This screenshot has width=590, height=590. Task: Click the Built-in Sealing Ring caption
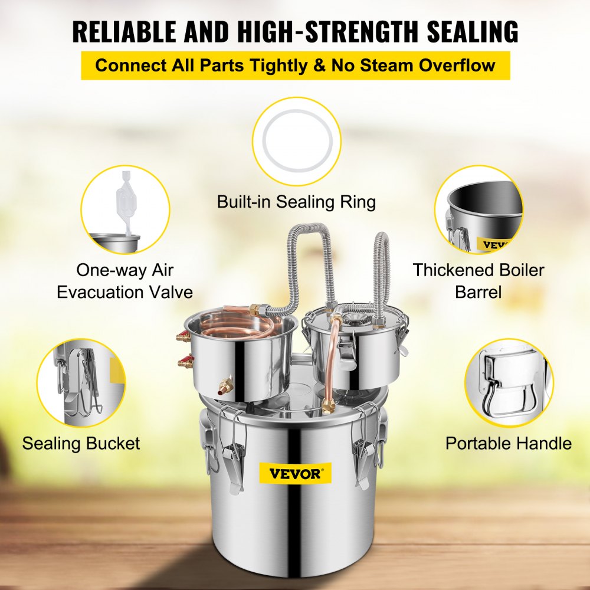296,202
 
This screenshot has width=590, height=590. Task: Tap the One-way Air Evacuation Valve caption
125,281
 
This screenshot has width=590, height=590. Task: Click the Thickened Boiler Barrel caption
478,281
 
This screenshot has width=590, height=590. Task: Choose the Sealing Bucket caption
81,443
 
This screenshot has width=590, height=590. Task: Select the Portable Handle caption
508,443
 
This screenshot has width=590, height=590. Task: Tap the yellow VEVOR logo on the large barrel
295,473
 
